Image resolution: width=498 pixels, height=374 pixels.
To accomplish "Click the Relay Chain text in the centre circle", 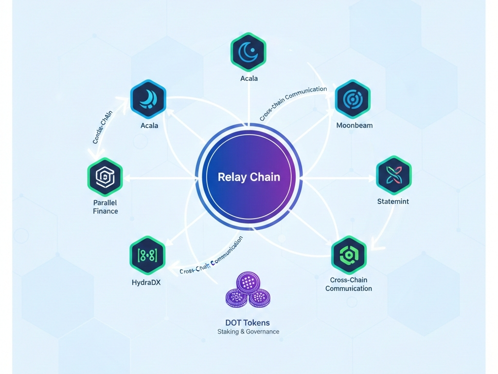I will point(249,177).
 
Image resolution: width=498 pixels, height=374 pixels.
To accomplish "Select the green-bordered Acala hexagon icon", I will point(248,50).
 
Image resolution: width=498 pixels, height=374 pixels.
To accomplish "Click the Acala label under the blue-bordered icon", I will point(149,126).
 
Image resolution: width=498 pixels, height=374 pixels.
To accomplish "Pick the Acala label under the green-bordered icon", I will point(249,78).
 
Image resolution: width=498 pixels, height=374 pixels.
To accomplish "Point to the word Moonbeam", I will point(355,125).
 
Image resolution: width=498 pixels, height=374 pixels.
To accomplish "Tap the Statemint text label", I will point(393,201).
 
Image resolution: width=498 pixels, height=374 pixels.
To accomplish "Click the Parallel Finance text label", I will point(106,207).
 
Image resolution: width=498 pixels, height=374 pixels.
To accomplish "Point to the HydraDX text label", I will point(146,282).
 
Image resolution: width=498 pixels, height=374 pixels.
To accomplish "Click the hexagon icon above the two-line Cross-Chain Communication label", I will point(348,254).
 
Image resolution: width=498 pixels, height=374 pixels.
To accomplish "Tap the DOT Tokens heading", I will point(248,323).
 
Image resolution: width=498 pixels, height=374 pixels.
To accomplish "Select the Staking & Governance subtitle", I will point(248,332).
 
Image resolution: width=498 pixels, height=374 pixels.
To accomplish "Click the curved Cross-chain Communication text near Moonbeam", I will point(293,103).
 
